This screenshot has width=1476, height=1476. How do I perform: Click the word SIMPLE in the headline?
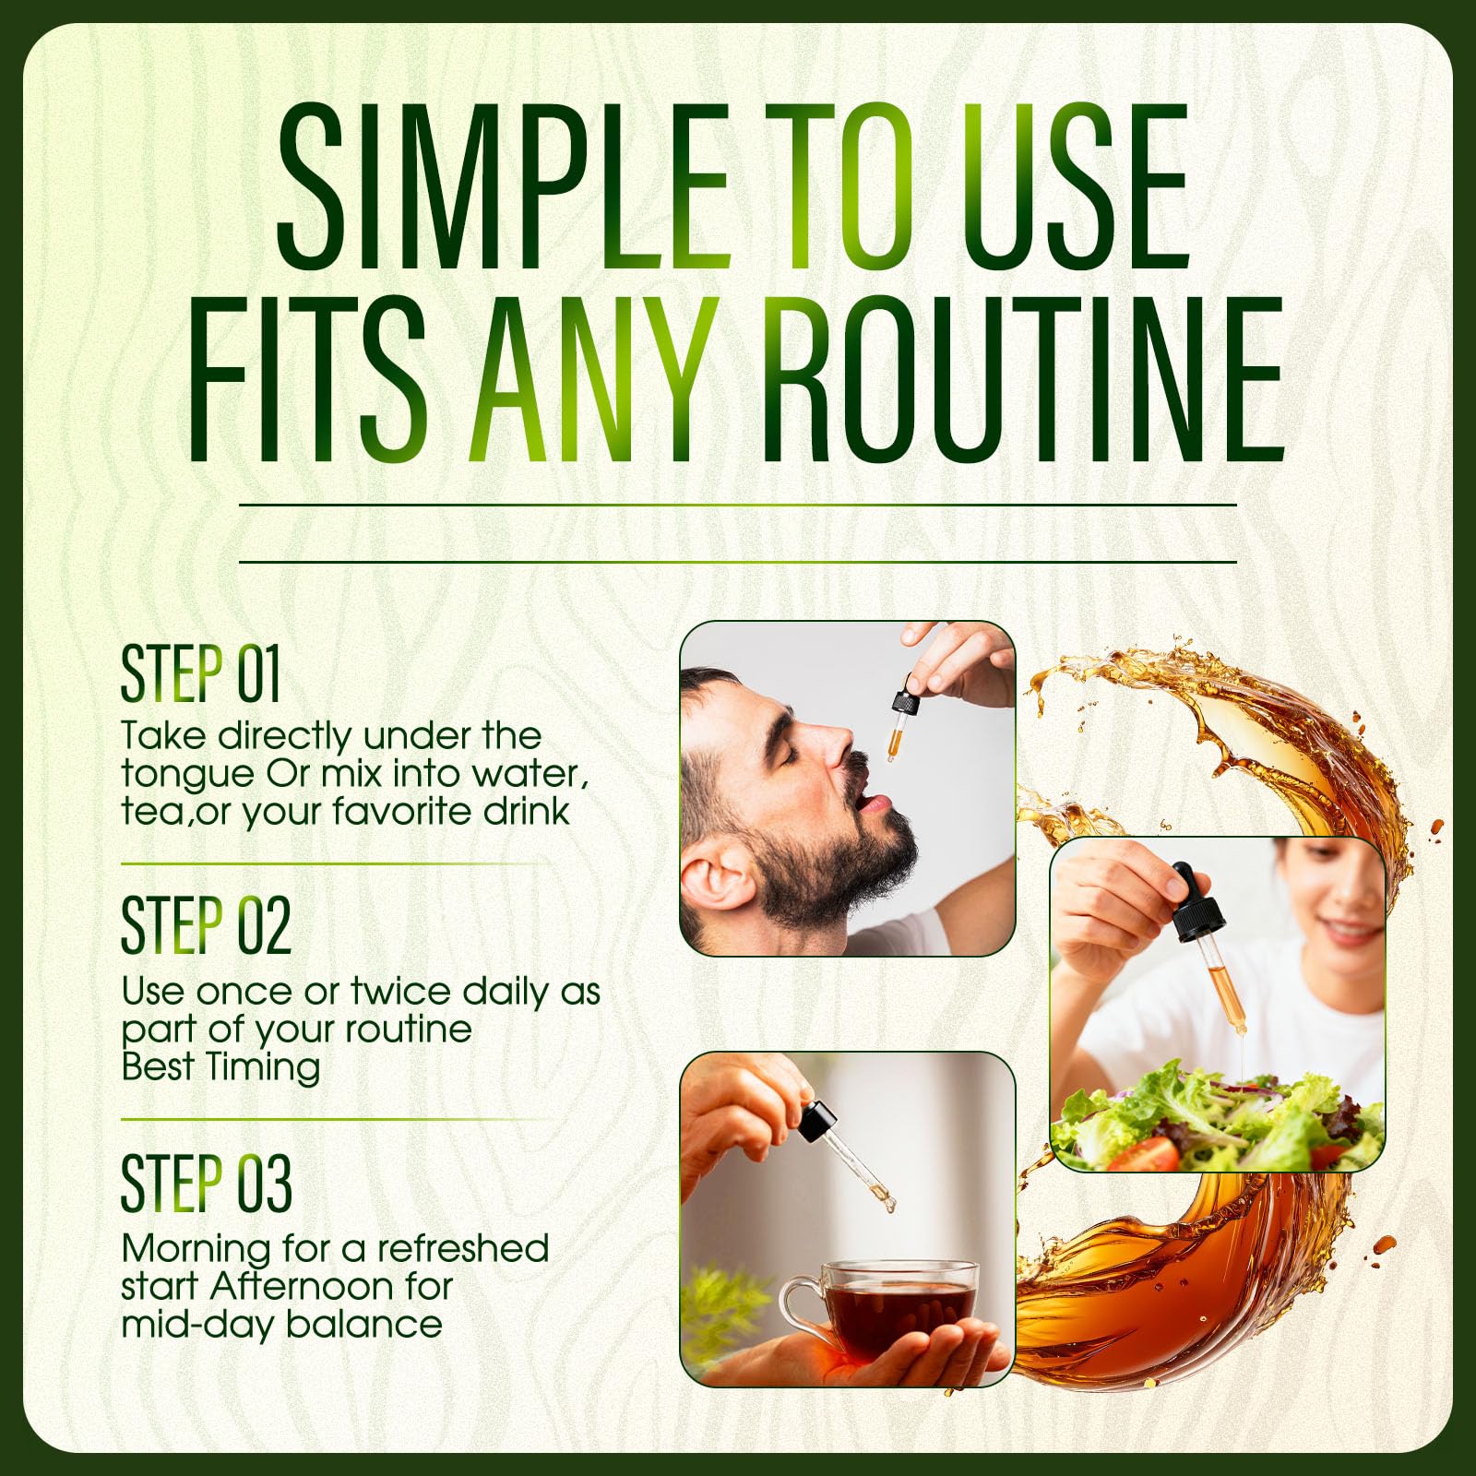point(504,185)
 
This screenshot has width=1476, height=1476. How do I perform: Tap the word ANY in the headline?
point(594,379)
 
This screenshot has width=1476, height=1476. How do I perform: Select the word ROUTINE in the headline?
point(1022,379)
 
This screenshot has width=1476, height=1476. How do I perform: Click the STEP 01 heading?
point(200,673)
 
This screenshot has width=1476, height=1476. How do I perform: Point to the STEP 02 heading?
point(206,926)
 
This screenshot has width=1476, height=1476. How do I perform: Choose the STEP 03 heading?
point(206,1183)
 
